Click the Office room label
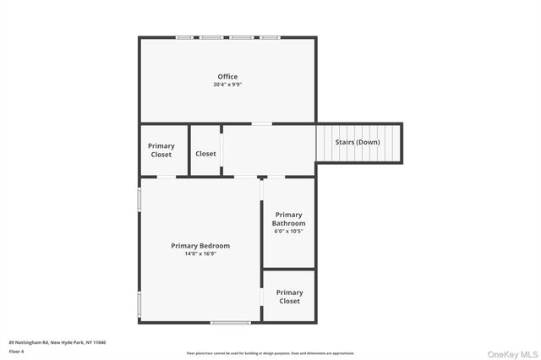[x=227, y=77]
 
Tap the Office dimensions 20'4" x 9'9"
[x=227, y=85]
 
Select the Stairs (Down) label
[x=358, y=142]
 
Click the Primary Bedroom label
[x=200, y=246]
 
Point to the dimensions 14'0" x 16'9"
[x=200, y=254]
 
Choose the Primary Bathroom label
[x=288, y=219]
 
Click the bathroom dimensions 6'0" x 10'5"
[x=288, y=231]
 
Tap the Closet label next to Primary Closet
[x=205, y=154]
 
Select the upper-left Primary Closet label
[x=161, y=150]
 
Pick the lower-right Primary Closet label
[x=289, y=297]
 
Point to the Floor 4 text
[x=17, y=351]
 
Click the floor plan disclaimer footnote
[x=270, y=353]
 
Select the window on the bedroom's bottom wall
[x=230, y=322]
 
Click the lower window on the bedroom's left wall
[x=139, y=303]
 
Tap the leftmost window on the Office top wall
[x=183, y=37]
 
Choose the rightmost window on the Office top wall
[x=270, y=37]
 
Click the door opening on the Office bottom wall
[x=262, y=124]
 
